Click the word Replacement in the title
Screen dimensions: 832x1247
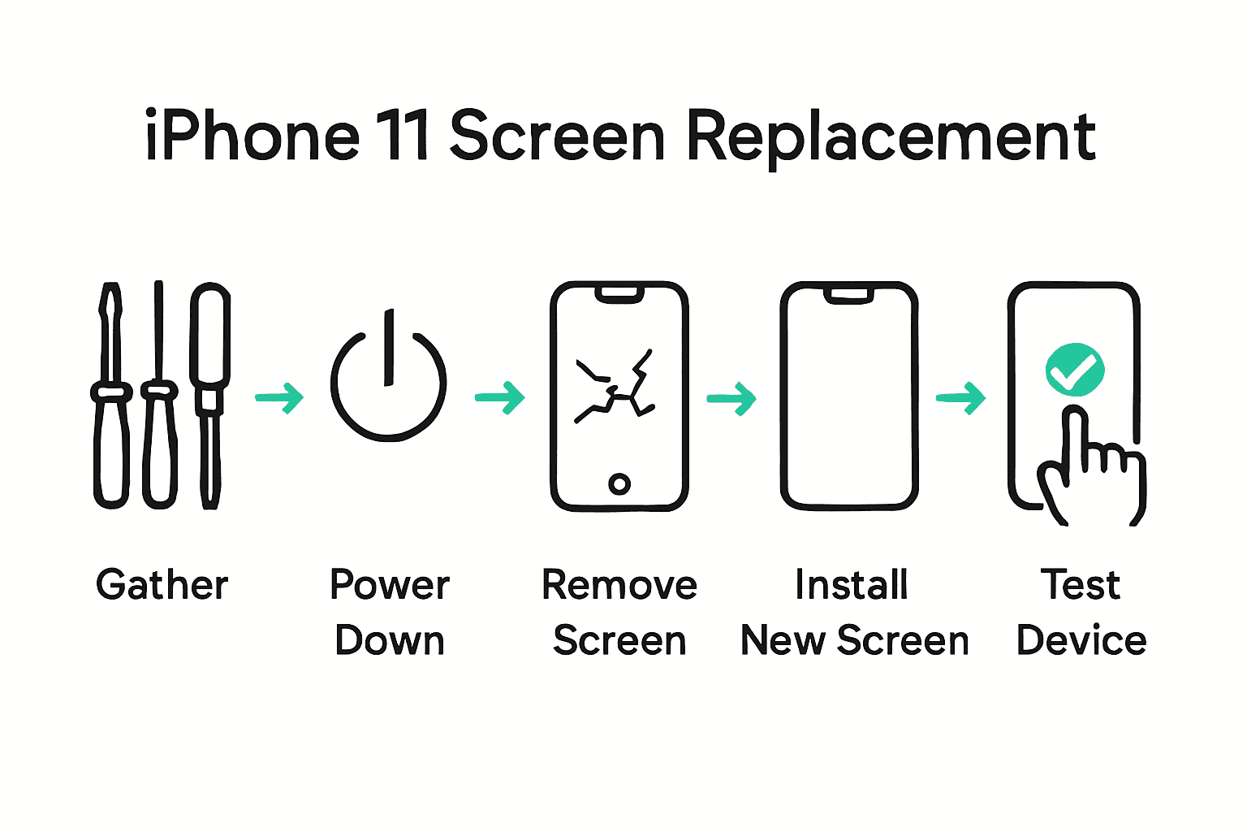891,136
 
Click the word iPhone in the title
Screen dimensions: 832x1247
252,136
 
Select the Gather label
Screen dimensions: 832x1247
162,585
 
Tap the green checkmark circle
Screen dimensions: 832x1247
1074,370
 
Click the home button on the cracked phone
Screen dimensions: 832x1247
619,484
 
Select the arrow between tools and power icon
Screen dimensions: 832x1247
280,397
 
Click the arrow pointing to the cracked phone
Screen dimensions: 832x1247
500,397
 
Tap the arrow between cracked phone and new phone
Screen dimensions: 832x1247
731,398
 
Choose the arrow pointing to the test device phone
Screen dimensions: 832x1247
961,398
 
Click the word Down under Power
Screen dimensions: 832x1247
390,641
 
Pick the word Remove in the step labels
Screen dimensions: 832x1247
619,585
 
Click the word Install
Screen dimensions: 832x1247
852,585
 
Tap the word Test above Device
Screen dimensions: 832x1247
1081,585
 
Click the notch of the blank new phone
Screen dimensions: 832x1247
849,294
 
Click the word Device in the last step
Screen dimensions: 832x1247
1081,641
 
